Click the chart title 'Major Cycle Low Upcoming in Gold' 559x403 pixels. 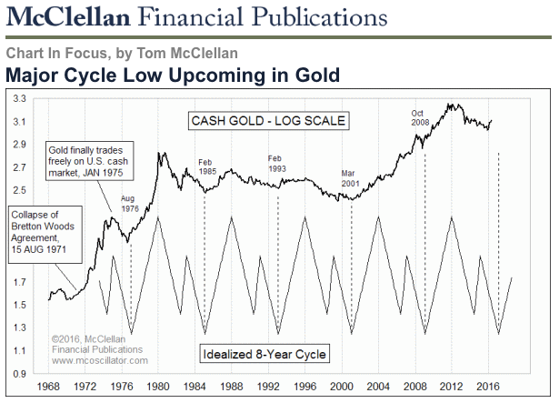173,75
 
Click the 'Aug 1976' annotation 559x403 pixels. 131,203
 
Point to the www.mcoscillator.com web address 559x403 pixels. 95,359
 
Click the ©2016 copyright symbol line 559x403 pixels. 94,338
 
